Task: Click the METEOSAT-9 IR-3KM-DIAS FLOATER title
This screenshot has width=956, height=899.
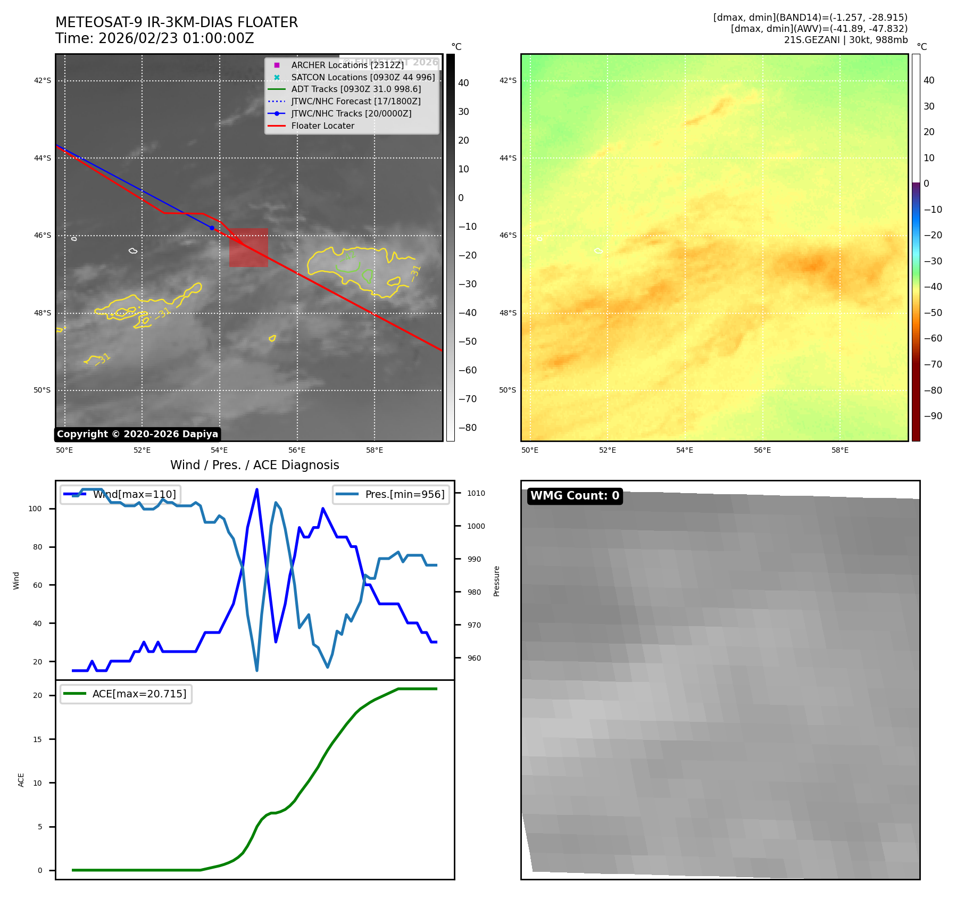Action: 177,22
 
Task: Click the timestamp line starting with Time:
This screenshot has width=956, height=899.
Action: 155,39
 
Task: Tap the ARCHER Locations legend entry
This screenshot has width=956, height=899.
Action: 347,65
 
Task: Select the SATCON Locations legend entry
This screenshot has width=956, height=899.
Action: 363,77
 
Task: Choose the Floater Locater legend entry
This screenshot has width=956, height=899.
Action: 322,126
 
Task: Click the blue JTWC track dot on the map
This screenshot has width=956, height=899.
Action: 212,228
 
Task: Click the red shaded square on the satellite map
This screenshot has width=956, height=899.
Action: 248,247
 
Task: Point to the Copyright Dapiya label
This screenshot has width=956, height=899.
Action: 137,434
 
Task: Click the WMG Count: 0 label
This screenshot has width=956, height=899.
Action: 575,496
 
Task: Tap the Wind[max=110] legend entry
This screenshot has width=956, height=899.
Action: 134,494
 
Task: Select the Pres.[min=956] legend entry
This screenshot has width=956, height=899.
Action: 404,494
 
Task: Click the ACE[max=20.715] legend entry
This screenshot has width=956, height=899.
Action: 139,694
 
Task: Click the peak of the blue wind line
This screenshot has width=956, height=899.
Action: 257,489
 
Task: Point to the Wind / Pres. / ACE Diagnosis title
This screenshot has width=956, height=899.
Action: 254,465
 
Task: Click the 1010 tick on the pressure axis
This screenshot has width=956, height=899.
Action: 476,493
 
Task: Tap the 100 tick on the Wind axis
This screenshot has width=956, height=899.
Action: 35,509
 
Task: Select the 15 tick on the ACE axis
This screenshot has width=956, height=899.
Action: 37,739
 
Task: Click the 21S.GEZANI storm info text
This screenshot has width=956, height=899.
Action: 845,40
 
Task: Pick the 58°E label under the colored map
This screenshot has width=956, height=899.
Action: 840,450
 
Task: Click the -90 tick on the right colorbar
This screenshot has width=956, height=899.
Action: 933,416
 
